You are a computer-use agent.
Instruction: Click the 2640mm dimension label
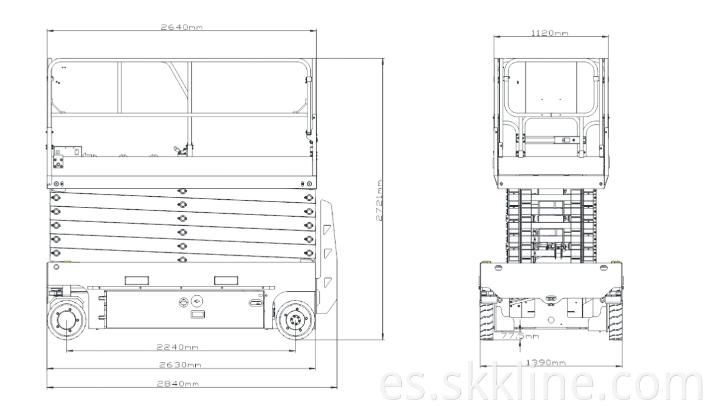point(182,27)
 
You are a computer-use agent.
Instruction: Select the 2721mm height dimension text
point(379,201)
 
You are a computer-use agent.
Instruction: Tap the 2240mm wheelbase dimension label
point(178,347)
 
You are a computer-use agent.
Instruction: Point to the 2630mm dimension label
point(180,365)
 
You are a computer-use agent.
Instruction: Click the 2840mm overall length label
point(178,384)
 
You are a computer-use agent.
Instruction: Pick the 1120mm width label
point(549,33)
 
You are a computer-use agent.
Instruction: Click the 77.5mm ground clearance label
point(520,336)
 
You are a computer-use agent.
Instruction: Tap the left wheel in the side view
point(67,320)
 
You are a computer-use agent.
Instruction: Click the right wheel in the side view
point(296,320)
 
